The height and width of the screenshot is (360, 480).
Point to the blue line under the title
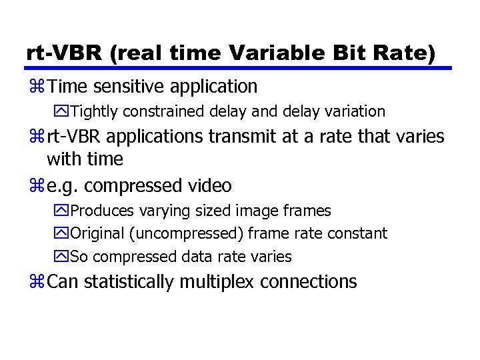tap(238, 67)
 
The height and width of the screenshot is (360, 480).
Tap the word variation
tap(351, 111)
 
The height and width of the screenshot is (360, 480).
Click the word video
tap(209, 185)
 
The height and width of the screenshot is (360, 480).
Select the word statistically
tap(124, 282)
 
